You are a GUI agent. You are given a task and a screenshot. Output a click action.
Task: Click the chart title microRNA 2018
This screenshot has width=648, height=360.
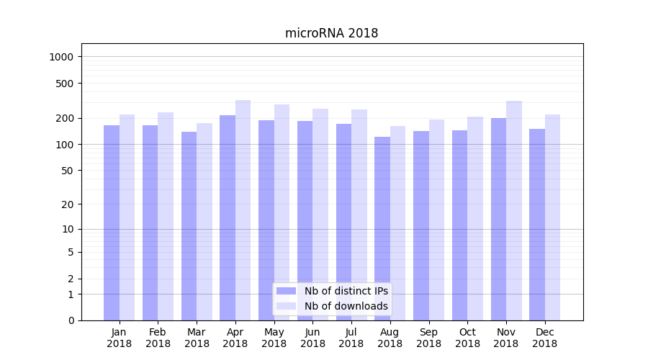[x=331, y=33]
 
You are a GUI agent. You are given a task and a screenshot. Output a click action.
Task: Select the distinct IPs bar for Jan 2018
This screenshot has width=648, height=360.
[x=112, y=223]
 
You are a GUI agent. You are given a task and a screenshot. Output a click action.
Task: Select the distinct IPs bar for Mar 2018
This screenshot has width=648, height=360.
[x=189, y=226]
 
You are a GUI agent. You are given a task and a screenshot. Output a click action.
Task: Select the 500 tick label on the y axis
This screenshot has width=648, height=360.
[x=66, y=84]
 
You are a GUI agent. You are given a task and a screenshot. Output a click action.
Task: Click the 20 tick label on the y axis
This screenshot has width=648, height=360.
[x=68, y=204]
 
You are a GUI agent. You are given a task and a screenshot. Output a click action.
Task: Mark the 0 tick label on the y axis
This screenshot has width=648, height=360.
[x=71, y=320]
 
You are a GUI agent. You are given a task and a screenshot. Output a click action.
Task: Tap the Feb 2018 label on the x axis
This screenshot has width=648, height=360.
[x=158, y=338]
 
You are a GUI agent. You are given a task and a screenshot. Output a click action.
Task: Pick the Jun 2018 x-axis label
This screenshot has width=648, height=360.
[x=312, y=338]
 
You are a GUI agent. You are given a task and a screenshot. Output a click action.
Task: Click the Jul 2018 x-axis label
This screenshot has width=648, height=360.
[x=351, y=338]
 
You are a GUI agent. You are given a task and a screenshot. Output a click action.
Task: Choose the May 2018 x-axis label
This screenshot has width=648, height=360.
[x=274, y=338]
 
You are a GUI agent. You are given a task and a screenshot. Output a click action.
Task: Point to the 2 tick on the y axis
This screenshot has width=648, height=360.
[x=71, y=279]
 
